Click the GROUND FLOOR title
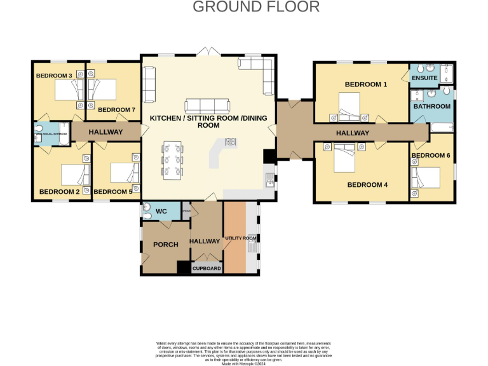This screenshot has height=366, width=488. click(x=256, y=7)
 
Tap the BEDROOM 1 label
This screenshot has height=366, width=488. click(x=365, y=84)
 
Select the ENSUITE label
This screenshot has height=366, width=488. click(x=424, y=78)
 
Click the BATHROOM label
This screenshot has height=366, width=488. click(x=432, y=106)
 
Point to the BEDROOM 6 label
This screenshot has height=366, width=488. click(x=431, y=155)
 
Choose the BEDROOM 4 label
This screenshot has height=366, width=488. click(x=367, y=185)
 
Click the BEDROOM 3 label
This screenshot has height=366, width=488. click(x=54, y=76)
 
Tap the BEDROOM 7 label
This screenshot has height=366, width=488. click(x=117, y=110)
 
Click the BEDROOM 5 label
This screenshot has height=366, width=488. click(x=113, y=191)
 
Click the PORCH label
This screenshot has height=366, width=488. click(x=165, y=245)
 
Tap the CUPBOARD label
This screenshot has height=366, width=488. click(x=207, y=269)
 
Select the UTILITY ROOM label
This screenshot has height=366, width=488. click(x=241, y=238)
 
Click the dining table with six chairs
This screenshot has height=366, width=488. click(x=172, y=159)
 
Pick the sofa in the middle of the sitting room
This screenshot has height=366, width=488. click(x=208, y=106)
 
